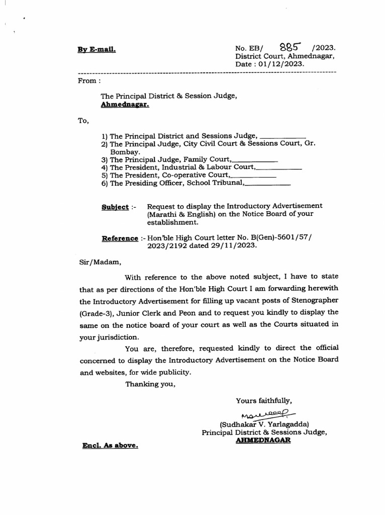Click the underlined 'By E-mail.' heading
click(96, 50)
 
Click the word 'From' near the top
click(87, 80)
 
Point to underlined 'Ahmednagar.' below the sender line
click(125, 105)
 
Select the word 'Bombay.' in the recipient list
click(125, 151)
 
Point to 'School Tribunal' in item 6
click(215, 183)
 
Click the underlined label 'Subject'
click(115, 207)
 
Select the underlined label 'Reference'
click(120, 238)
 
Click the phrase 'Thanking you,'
click(150, 384)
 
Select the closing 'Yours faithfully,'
click(264, 400)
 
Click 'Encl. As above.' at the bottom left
click(110, 446)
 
